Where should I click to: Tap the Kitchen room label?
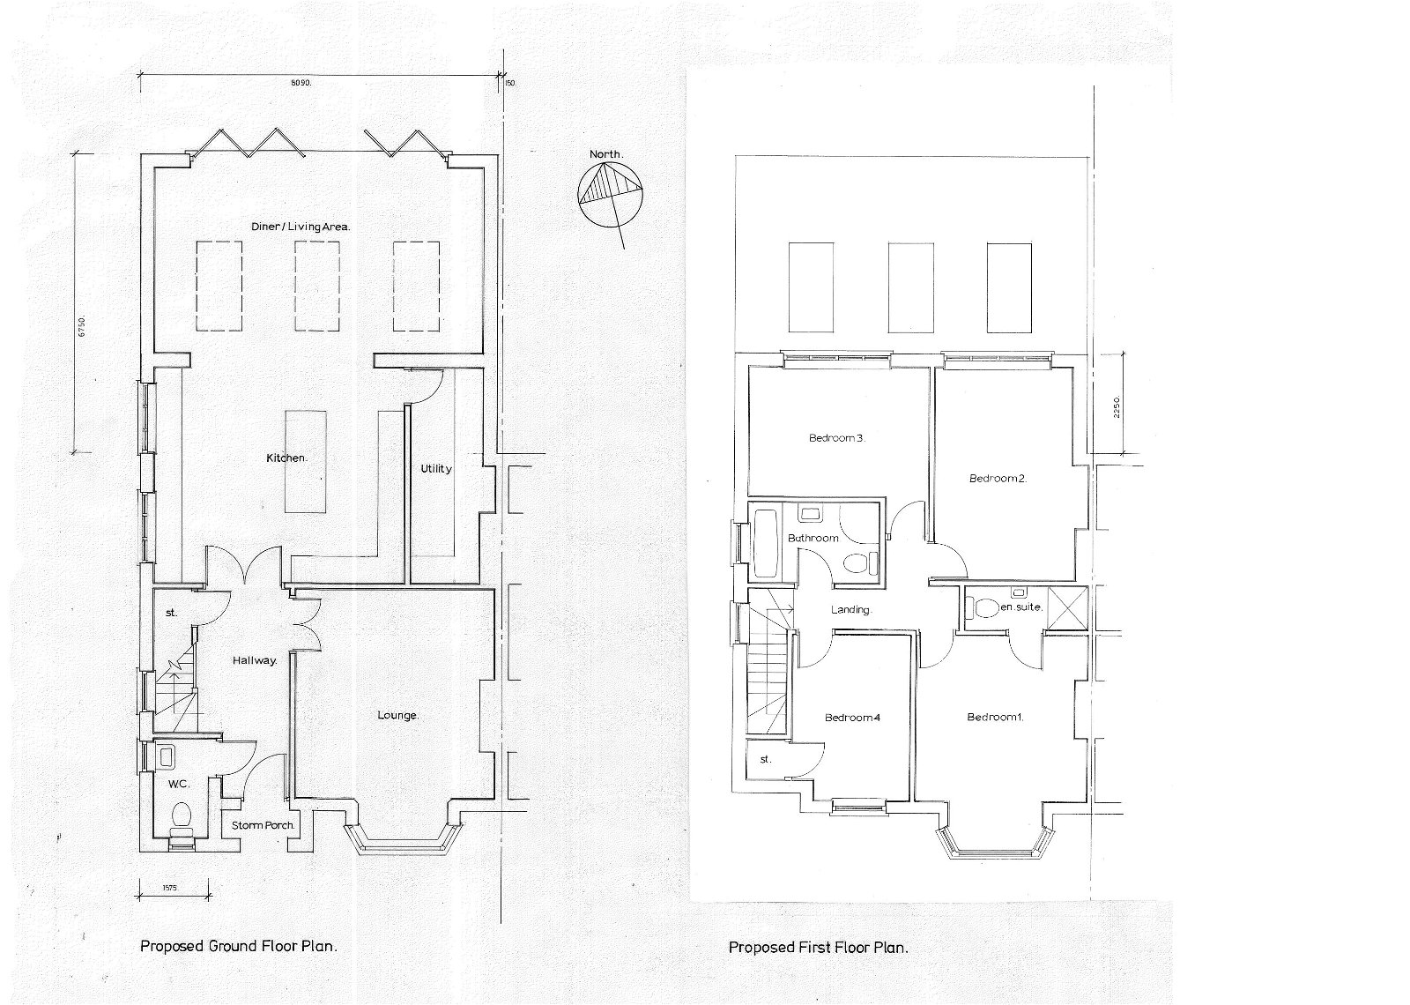tap(286, 458)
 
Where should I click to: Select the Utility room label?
tap(435, 469)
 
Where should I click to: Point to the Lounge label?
tap(397, 716)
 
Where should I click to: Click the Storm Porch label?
tap(262, 826)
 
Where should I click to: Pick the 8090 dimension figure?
tap(302, 83)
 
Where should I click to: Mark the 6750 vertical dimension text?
tap(82, 327)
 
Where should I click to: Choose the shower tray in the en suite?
tap(1066, 607)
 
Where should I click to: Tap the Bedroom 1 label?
tap(994, 718)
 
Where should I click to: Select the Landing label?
tap(851, 610)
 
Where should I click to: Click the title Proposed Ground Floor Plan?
tap(239, 948)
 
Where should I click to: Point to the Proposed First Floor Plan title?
tap(818, 949)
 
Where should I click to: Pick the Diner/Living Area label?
tap(297, 227)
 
